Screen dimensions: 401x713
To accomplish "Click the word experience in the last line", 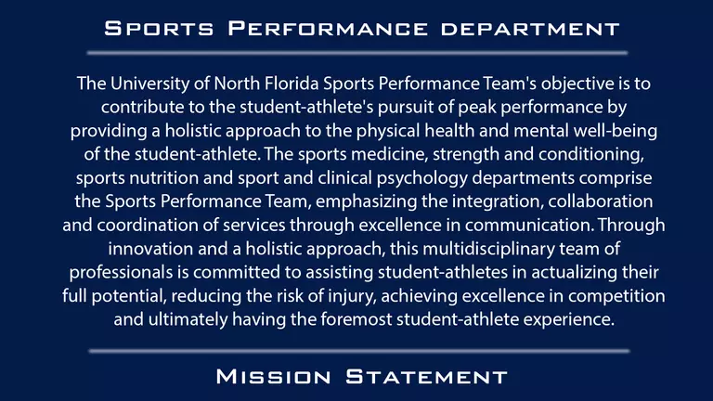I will coord(566,320).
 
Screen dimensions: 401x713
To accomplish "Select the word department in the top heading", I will coord(525,29).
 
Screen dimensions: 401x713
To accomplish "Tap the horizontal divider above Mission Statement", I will coord(356,351).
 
